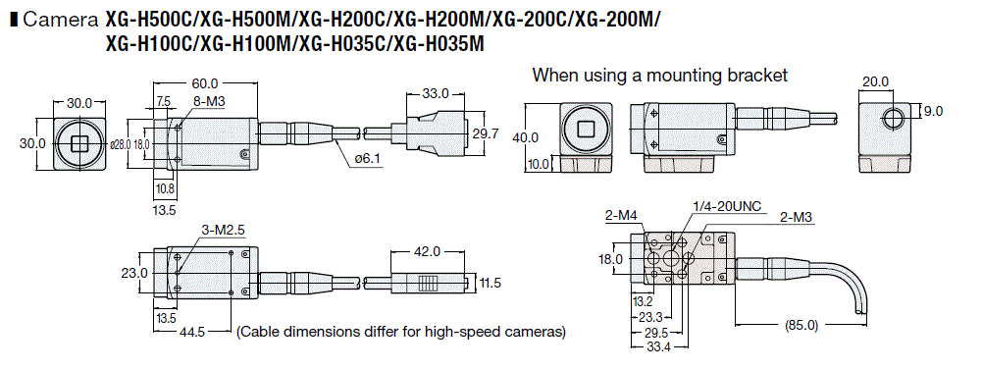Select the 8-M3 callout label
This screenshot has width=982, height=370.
[x=207, y=100]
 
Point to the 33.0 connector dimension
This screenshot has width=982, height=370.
[x=435, y=93]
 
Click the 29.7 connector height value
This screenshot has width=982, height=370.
[x=487, y=133]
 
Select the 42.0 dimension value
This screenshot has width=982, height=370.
[x=428, y=251]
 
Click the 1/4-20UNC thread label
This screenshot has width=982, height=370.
[x=727, y=205]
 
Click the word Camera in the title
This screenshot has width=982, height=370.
[x=61, y=19]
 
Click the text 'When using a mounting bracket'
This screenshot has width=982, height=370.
[x=659, y=75]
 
